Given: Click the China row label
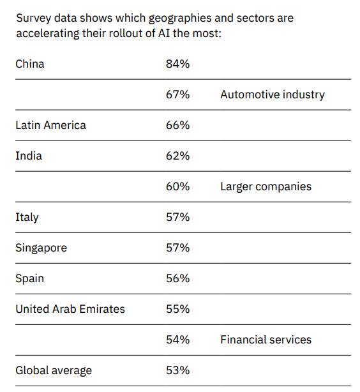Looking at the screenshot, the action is [30, 64].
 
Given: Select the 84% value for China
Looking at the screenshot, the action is [177, 64].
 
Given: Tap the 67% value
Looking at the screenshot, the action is [177, 94].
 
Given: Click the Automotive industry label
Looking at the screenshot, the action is [273, 94].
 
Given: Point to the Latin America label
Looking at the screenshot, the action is [51, 125].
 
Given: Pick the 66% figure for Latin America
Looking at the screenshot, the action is [177, 125].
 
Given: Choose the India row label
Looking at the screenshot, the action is [29, 156].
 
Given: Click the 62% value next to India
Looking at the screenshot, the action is [177, 156].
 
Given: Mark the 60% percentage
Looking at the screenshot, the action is [177, 186].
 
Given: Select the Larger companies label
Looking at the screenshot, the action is [266, 187].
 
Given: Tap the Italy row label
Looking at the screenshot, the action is [27, 217].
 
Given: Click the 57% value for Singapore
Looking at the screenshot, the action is [177, 248].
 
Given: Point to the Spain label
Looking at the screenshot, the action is [30, 279].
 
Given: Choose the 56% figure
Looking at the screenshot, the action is [177, 278].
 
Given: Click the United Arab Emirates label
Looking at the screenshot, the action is [70, 309].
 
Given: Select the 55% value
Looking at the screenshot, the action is [177, 309].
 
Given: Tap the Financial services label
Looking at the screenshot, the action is [266, 340].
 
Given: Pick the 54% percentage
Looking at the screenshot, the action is [177, 340].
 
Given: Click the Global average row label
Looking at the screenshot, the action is [54, 371].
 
